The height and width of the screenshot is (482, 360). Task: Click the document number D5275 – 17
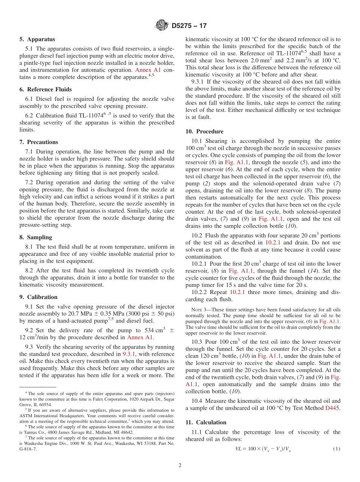pos(189,26)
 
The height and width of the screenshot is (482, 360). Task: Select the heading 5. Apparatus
pos(37,39)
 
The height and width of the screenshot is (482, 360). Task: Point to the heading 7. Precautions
pos(39,142)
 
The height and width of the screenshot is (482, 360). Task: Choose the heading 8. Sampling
pos(36,237)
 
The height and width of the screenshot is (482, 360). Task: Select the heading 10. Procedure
pos(204,131)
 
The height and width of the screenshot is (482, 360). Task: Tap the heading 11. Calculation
pos(206,423)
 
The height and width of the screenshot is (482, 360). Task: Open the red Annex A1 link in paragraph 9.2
pos(140,337)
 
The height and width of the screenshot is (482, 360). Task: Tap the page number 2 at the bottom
pos(180,466)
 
